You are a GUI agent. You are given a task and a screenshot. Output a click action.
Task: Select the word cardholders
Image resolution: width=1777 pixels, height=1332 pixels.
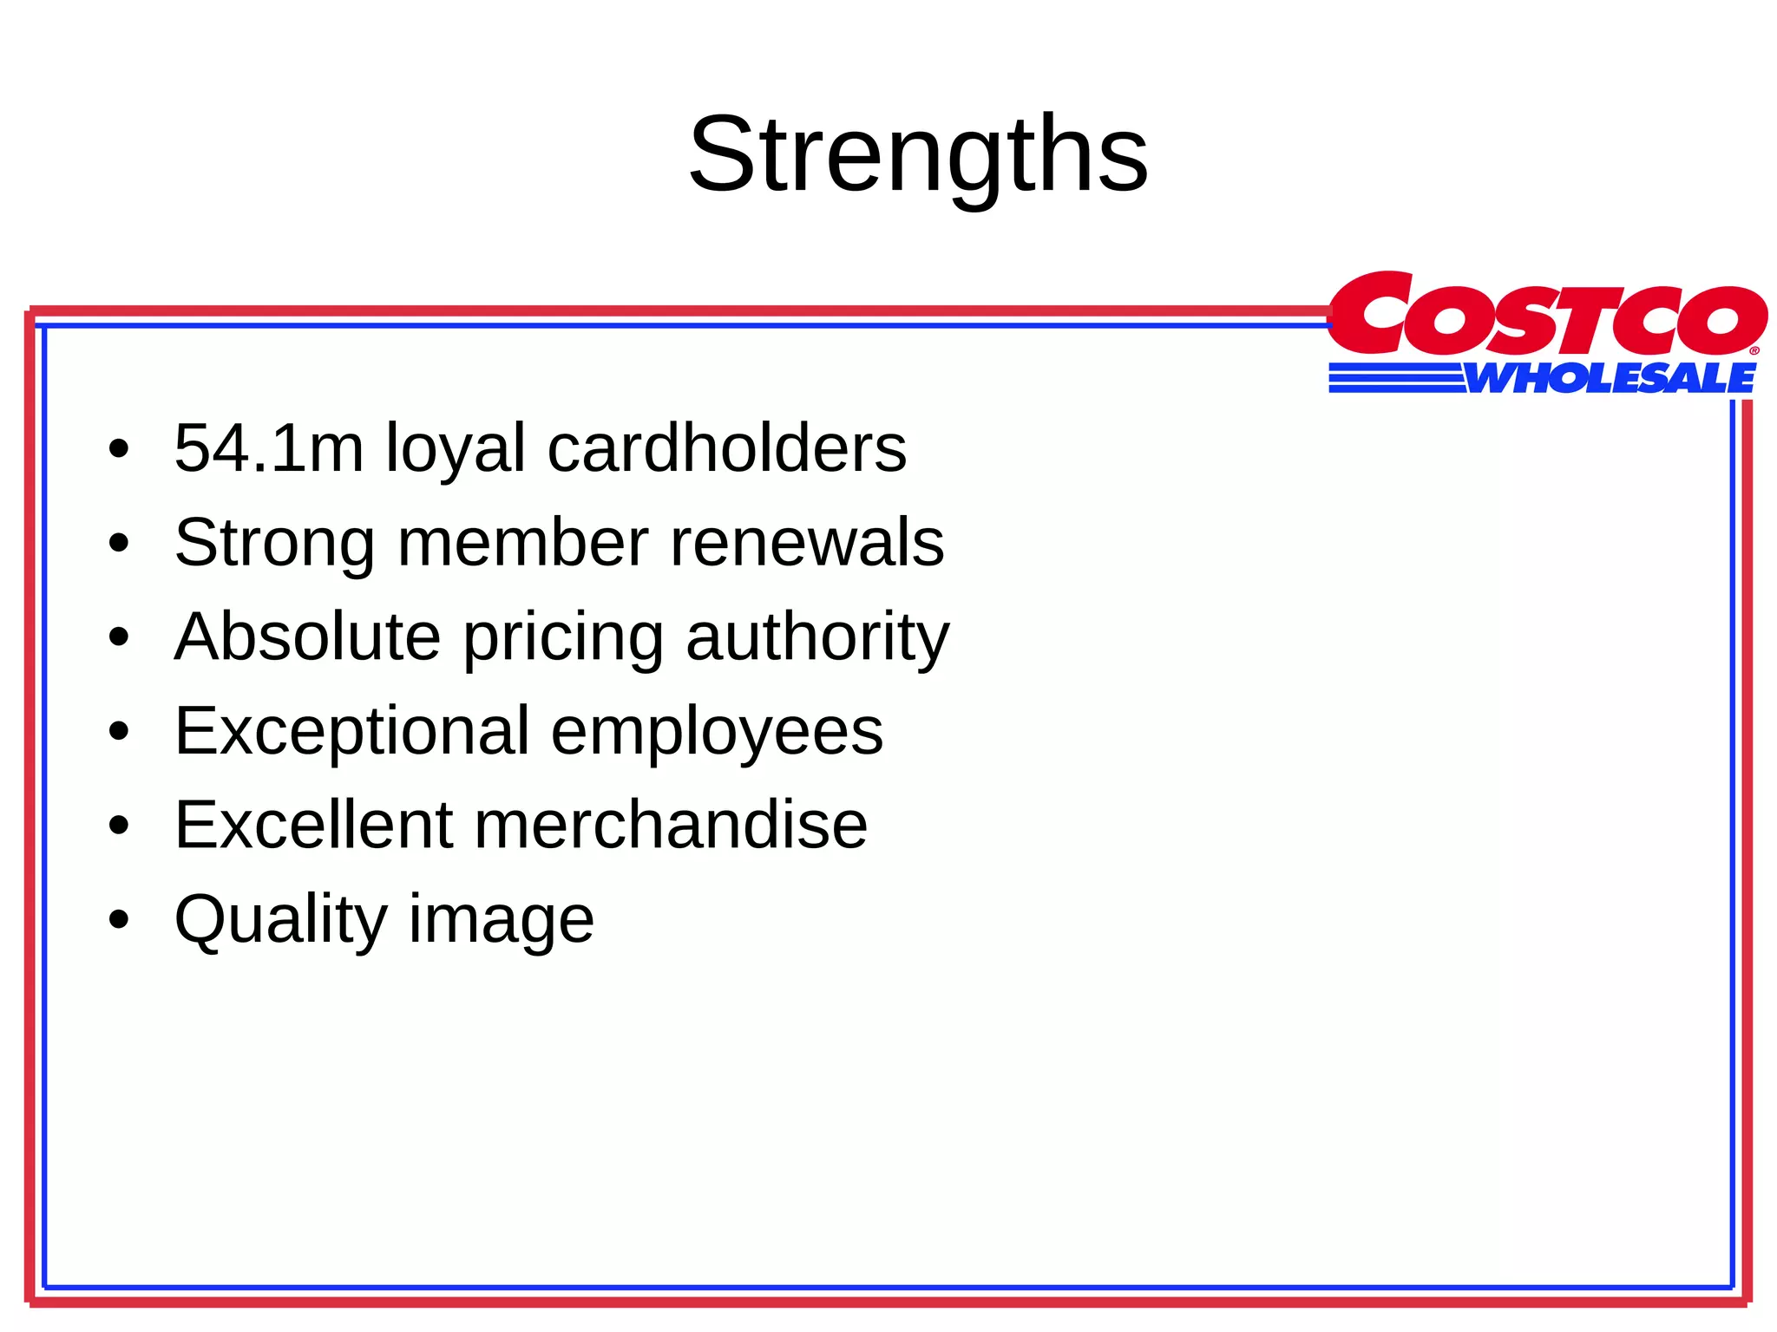coord(727,448)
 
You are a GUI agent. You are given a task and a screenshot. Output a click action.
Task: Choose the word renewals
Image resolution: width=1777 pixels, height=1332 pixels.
coord(807,543)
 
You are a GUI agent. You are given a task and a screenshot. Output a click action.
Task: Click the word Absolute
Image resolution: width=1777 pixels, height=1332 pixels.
coord(307,637)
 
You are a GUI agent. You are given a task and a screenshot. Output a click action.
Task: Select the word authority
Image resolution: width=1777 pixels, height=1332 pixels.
coord(817,638)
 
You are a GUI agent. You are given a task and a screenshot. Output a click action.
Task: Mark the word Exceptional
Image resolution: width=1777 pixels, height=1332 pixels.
coord(351,733)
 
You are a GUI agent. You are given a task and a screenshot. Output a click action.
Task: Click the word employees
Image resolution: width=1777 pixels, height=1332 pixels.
coord(717,733)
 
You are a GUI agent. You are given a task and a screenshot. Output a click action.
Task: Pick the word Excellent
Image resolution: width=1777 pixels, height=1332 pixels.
coord(313,825)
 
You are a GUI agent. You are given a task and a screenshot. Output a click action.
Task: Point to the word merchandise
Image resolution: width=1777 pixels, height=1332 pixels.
coord(670,825)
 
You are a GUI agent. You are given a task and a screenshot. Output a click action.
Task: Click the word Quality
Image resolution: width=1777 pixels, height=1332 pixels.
coord(280,921)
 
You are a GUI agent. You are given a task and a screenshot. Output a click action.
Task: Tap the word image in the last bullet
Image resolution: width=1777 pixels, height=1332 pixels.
coord(502,921)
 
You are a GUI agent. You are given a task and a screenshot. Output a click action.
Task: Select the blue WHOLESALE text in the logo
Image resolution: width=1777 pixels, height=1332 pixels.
coord(1610,379)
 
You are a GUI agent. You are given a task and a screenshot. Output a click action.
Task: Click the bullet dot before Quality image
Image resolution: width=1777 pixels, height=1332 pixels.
coord(119,919)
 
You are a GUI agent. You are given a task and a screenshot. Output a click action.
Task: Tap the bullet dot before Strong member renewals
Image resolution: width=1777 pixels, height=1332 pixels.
coord(119,544)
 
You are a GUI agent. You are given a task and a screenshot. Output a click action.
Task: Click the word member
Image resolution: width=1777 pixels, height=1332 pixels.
coord(522,543)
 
